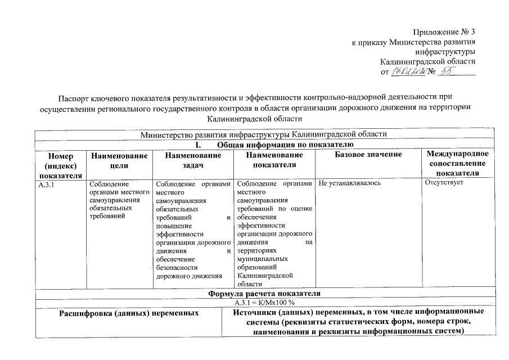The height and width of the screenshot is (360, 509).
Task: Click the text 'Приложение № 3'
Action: [444, 31]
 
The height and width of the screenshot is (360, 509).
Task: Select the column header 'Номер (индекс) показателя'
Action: [57, 164]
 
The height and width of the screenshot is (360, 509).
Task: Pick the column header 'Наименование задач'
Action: [193, 160]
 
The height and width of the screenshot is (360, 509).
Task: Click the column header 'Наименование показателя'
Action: [274, 160]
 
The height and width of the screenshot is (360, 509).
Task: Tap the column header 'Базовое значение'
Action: [368, 155]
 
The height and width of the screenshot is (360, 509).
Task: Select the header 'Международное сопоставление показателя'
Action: [457, 164]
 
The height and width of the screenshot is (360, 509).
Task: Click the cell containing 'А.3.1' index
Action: [47, 184]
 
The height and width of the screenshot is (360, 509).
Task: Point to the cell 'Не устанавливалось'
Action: [350, 184]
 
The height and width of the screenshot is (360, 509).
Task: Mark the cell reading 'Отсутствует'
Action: [444, 184]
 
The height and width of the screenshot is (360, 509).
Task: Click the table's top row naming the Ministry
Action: [264, 135]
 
